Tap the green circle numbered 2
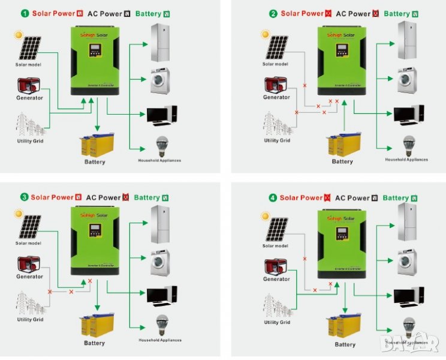click(x=273, y=13)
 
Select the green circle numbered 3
click(x=24, y=197)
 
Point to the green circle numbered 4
click(x=273, y=197)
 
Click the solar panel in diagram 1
click(x=28, y=48)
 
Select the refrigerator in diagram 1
click(x=160, y=43)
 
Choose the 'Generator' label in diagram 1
click(x=29, y=97)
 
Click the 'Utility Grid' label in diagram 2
click(x=277, y=140)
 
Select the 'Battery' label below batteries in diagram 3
click(x=94, y=343)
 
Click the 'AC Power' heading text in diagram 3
click(x=103, y=197)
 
